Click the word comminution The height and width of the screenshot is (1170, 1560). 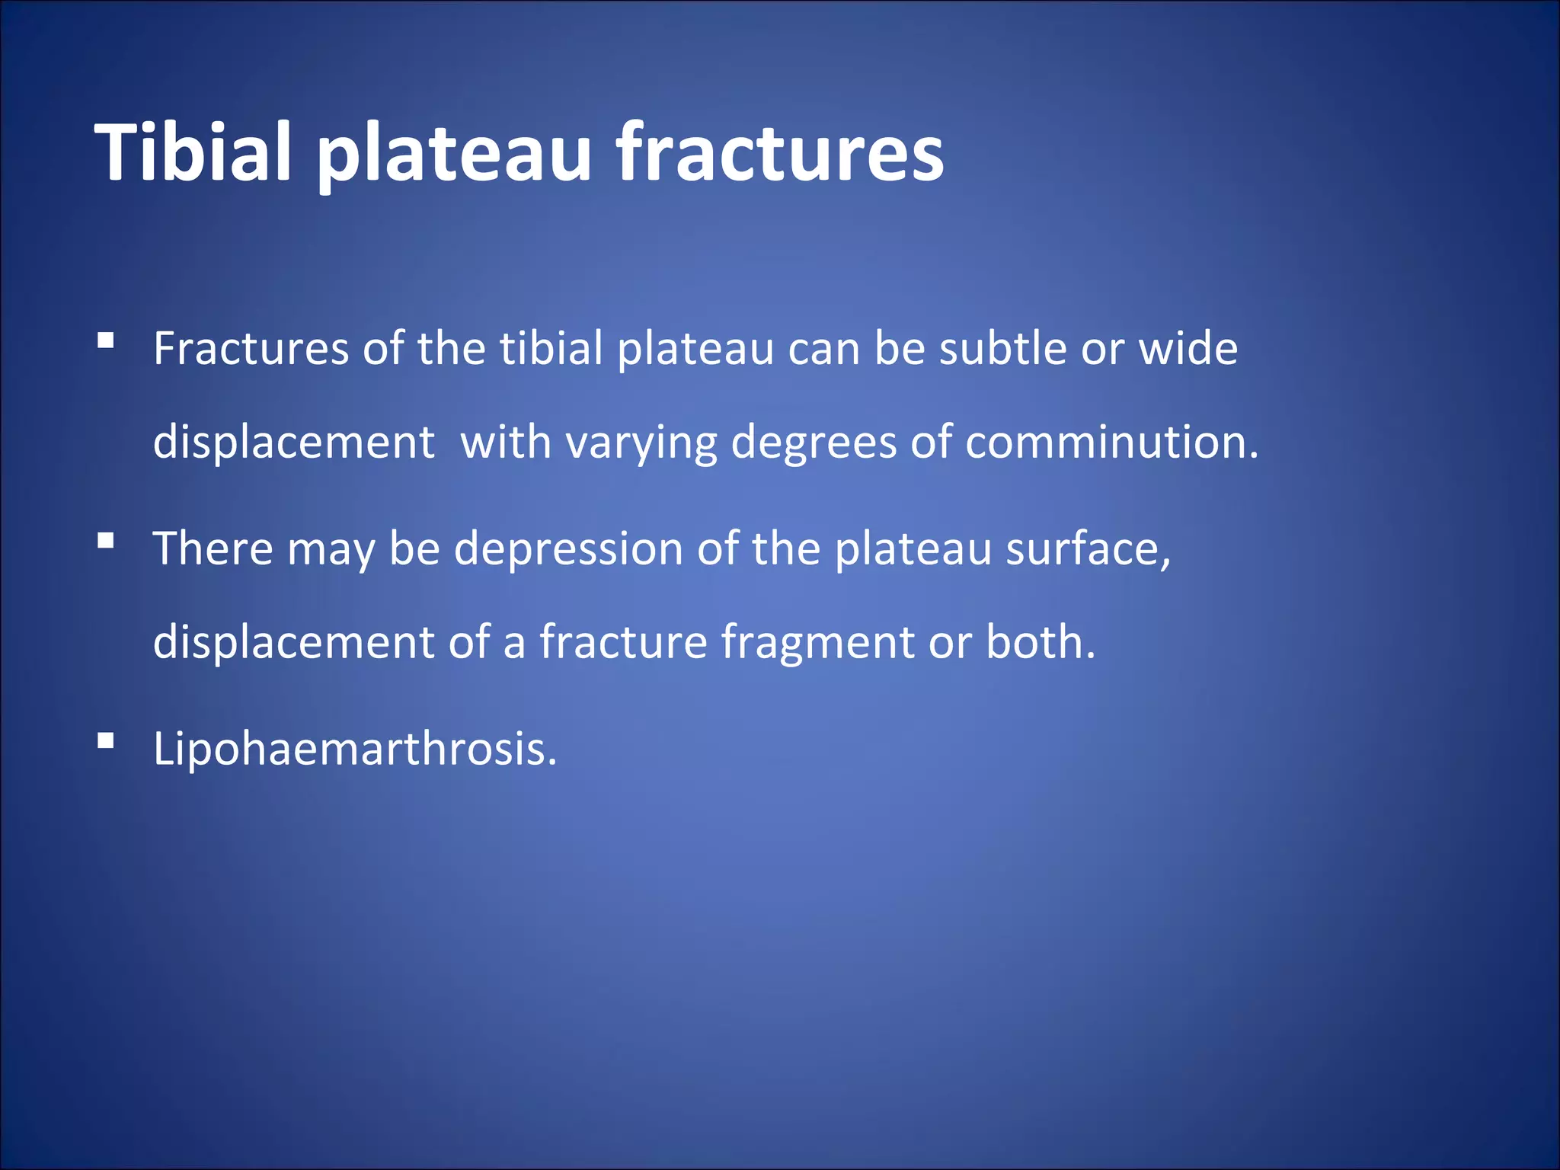(x=1111, y=443)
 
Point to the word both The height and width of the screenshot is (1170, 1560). (x=1040, y=641)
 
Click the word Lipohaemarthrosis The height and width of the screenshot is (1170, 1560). (x=355, y=750)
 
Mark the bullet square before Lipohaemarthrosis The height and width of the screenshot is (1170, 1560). (x=106, y=740)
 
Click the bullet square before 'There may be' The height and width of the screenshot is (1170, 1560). (x=106, y=540)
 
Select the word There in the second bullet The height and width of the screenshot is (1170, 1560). (x=213, y=548)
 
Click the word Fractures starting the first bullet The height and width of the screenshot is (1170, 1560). (x=251, y=349)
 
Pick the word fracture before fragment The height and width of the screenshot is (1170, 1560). (x=623, y=641)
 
